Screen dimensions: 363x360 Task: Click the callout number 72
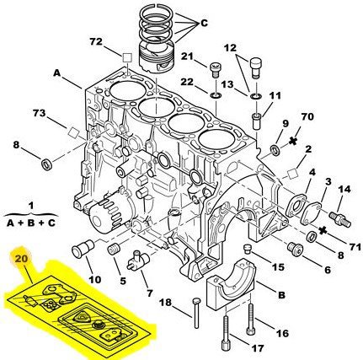point(96,42)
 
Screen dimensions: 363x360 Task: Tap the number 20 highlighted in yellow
point(22,259)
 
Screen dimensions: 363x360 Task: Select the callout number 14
point(344,190)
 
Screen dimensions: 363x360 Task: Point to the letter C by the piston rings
point(204,23)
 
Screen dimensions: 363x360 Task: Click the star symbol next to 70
point(293,141)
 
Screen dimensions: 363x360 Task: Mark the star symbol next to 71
point(323,231)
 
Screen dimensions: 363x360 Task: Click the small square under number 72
point(127,58)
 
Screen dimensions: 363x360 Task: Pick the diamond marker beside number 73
point(74,132)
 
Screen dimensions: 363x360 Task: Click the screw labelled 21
point(215,70)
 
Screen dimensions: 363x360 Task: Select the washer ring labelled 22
point(216,96)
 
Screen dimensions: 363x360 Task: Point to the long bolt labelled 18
point(195,313)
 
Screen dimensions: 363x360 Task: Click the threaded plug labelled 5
point(115,250)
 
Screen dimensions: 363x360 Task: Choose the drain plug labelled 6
point(296,249)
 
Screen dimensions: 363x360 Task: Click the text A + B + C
point(31,223)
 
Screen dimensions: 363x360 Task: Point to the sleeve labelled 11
point(256,121)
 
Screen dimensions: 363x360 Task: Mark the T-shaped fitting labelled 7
point(136,260)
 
